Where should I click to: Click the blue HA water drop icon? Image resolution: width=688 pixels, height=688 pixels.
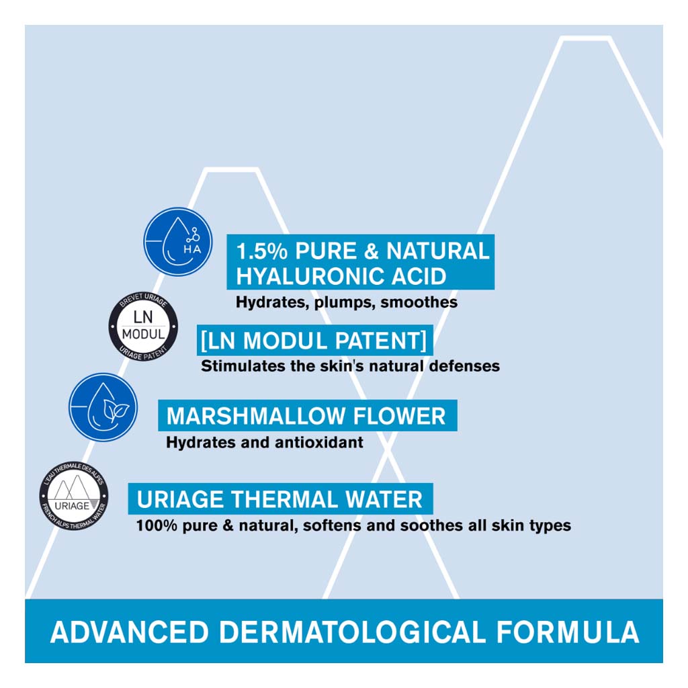178,242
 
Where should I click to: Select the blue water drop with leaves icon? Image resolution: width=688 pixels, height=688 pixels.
103,407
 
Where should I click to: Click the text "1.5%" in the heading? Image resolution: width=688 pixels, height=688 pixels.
262,251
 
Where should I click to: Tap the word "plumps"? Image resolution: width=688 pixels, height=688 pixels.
344,303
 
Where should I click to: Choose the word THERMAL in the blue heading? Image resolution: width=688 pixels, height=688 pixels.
283,500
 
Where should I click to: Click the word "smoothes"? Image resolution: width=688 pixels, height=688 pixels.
419,303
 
